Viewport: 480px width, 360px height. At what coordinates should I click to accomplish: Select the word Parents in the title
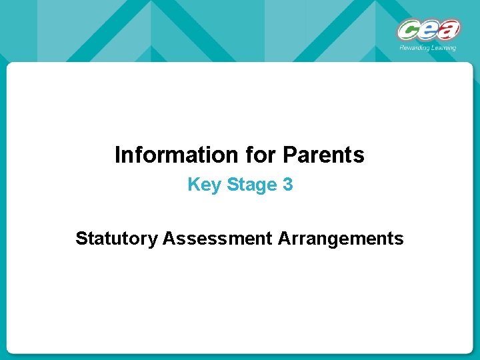324,155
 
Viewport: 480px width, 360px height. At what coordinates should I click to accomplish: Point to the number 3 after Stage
287,185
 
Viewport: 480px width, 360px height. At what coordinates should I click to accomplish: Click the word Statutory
116,238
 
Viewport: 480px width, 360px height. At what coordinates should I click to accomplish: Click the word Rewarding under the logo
413,47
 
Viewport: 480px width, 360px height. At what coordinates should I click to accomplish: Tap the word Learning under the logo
443,47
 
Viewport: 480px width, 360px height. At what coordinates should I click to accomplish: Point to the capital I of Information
117,155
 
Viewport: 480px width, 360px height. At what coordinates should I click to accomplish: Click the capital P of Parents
289,155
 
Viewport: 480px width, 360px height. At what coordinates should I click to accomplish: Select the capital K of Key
193,185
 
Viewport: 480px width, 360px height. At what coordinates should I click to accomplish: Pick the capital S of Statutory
81,238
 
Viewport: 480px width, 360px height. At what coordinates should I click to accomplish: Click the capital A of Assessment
168,238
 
